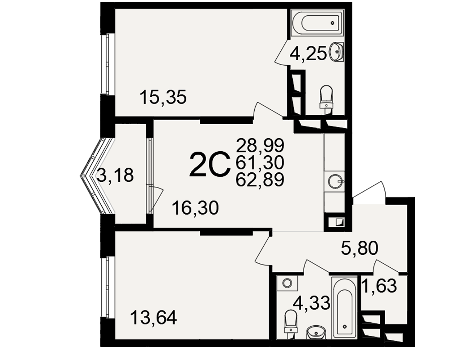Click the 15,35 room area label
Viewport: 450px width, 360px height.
163,97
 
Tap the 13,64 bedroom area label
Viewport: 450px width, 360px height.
153,318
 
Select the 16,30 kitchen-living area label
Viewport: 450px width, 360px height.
195,208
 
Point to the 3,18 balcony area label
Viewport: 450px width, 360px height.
115,175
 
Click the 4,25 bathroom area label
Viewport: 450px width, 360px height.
308,54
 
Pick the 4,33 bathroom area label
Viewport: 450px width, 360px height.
312,303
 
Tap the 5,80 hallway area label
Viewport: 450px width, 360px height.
360,248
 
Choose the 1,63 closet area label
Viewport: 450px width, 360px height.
379,286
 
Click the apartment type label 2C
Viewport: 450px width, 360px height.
210,164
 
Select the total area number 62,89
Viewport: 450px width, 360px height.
260,180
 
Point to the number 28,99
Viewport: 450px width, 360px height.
260,145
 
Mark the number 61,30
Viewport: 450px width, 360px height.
260,162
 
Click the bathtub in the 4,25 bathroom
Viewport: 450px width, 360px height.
317,22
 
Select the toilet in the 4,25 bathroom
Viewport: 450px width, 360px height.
326,96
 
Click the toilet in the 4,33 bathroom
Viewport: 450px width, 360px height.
291,322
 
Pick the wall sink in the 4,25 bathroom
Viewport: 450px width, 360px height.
337,52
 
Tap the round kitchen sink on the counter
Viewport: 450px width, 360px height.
335,182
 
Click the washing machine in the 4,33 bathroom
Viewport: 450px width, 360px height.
287,283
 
